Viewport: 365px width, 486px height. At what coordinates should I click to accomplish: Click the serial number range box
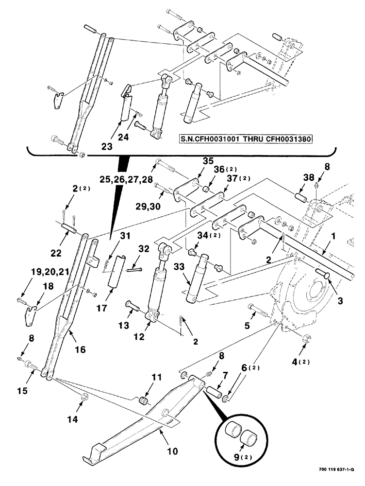pyautogui.click(x=245, y=138)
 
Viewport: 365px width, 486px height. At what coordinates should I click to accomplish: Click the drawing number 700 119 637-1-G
pyautogui.click(x=336, y=470)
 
